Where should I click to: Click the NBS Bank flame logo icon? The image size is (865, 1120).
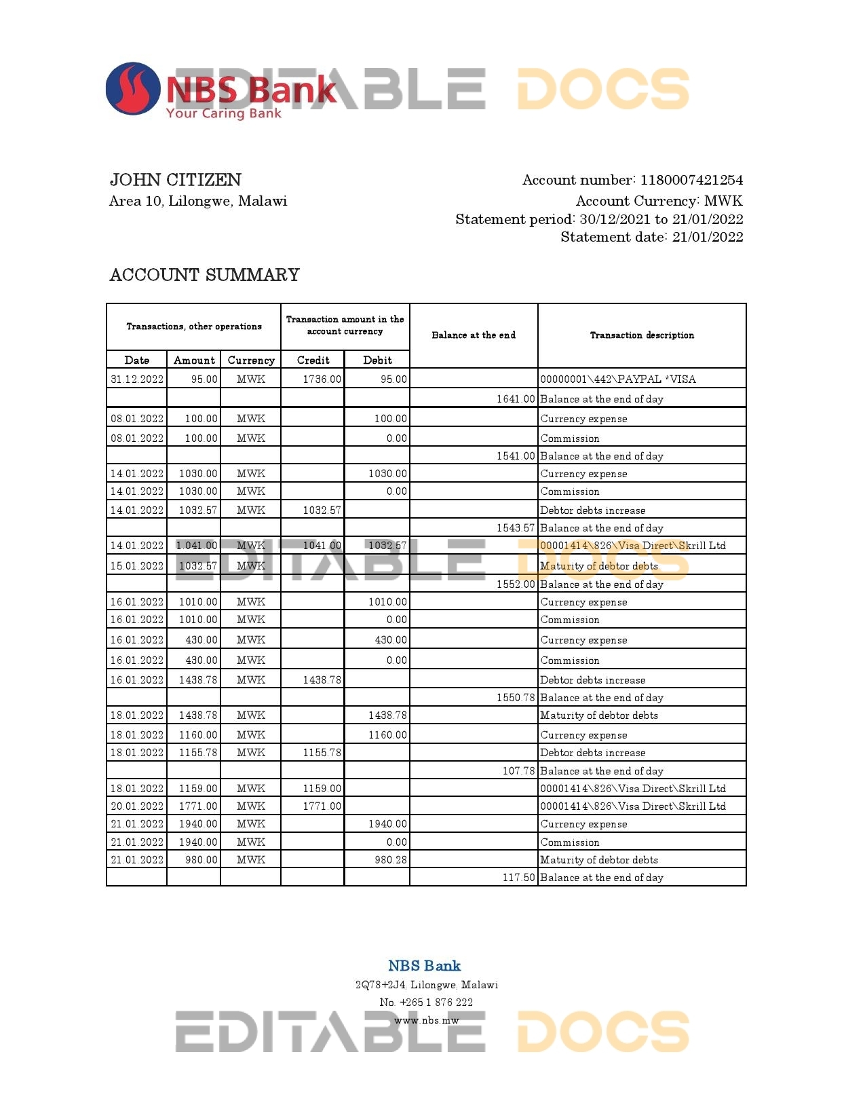(x=133, y=89)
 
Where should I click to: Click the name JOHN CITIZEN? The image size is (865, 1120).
(x=176, y=180)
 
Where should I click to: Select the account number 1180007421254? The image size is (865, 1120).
(x=691, y=180)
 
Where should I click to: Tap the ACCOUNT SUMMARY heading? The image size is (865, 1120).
(x=204, y=275)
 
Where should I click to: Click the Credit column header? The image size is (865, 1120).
(x=313, y=360)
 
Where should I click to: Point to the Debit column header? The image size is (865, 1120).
(x=377, y=360)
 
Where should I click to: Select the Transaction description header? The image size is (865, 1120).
(x=642, y=335)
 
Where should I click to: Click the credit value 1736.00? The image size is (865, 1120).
(x=322, y=379)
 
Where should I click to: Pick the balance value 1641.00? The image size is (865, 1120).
(x=516, y=399)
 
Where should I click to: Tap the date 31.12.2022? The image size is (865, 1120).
(x=137, y=379)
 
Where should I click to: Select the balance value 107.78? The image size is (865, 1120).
(x=518, y=771)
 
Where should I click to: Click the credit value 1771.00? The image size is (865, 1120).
(x=322, y=806)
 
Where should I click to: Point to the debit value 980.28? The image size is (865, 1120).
(x=391, y=860)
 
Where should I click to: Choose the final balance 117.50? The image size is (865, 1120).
(x=518, y=878)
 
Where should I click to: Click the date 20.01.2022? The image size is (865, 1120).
(x=137, y=806)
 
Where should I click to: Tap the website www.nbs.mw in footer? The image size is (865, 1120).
(x=427, y=1020)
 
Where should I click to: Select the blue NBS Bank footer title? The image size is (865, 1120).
(x=425, y=966)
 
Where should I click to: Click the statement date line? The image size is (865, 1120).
(x=651, y=237)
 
